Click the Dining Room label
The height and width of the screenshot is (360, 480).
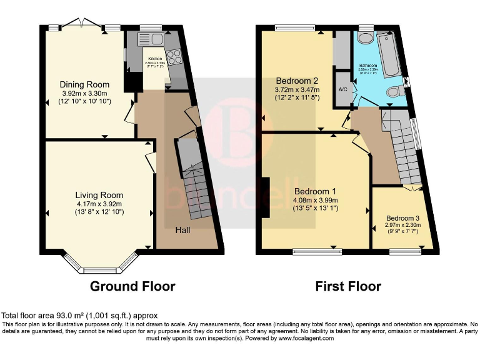[x=84, y=84]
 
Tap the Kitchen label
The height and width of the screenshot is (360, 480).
[x=154, y=58]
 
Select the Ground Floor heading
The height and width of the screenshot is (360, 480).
[x=132, y=286]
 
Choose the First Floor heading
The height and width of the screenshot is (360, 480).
[x=349, y=286]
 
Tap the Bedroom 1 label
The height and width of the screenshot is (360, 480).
[x=315, y=191]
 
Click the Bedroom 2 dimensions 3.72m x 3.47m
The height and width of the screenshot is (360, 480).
[x=297, y=89]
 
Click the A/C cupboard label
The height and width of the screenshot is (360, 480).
[x=342, y=89]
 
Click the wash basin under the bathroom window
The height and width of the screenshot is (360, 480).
[x=365, y=38]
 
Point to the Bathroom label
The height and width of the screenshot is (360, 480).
[x=367, y=64]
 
